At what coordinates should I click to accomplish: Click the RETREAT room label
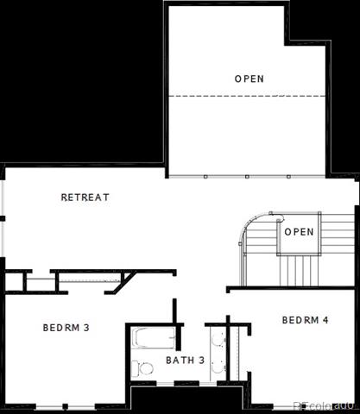85,198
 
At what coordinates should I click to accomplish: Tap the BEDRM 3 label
66,328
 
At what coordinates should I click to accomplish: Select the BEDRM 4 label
305,320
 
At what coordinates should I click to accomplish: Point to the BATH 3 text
186,360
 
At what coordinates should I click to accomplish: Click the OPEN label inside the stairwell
299,232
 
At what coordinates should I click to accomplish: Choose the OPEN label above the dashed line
249,78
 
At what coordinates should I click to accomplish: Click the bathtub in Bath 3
154,338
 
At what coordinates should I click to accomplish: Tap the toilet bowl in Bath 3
146,368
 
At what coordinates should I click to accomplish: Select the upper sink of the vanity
218,339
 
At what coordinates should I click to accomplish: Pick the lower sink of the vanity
218,367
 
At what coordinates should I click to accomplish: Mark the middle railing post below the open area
247,177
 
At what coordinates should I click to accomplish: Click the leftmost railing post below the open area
205,177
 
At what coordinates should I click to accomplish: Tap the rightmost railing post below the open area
288,177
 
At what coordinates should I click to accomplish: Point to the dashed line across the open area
247,96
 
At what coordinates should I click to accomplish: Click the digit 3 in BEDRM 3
86,328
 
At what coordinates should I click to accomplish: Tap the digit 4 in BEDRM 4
325,320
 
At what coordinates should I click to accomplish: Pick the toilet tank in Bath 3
135,368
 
